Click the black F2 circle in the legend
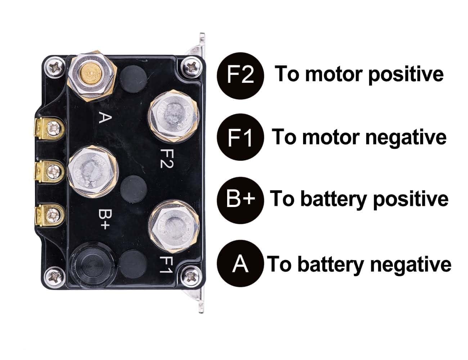(240, 75)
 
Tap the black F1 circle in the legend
(240, 138)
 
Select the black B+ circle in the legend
(240, 199)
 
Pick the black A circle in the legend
(240, 264)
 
